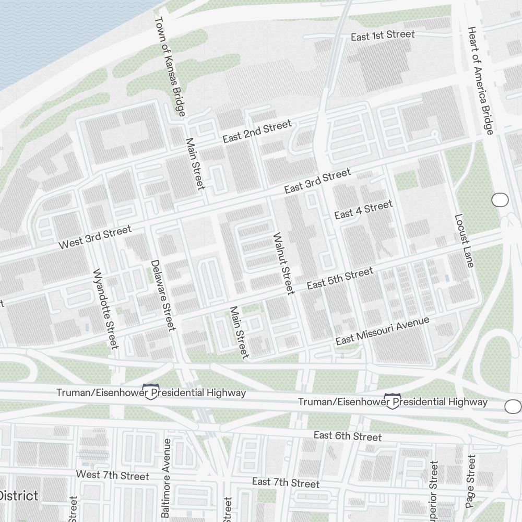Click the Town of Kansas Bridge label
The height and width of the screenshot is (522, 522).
coord(170,66)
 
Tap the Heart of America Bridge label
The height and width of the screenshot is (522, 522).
coord(480,80)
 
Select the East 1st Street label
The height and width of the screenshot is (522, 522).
coord(383,36)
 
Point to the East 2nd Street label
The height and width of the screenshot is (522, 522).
coord(257,132)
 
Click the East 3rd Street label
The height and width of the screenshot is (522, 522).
coord(317,181)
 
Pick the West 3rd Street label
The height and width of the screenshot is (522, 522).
coord(95,237)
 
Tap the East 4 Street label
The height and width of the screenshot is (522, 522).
coord(363,210)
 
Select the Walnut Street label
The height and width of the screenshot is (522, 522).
coord(283,263)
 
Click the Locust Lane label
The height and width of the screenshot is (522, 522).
coord(464,241)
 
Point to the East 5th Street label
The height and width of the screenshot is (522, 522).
coord(340,278)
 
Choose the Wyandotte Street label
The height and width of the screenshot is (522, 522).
coord(105,309)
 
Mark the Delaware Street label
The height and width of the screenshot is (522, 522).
coord(162,295)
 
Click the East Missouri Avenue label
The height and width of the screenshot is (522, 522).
coord(382,331)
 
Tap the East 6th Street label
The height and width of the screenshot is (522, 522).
coord(348,436)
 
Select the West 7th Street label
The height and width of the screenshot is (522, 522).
coord(112,476)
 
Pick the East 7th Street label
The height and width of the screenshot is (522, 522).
coord(286,482)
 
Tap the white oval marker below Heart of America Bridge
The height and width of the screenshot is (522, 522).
coord(500,199)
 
